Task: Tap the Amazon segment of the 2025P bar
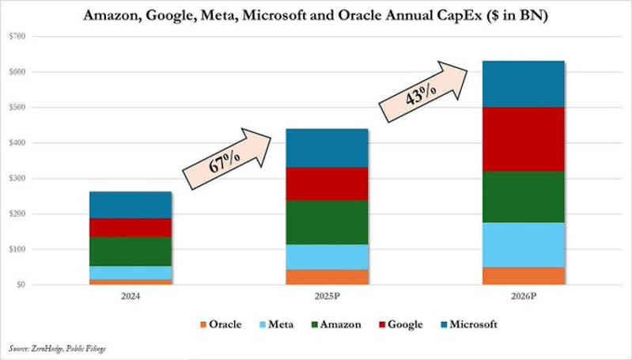327,222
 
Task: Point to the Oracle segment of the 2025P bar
327,277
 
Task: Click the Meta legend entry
274,324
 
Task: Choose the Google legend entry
400,324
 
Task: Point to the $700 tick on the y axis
16,36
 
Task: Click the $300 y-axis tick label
16,178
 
